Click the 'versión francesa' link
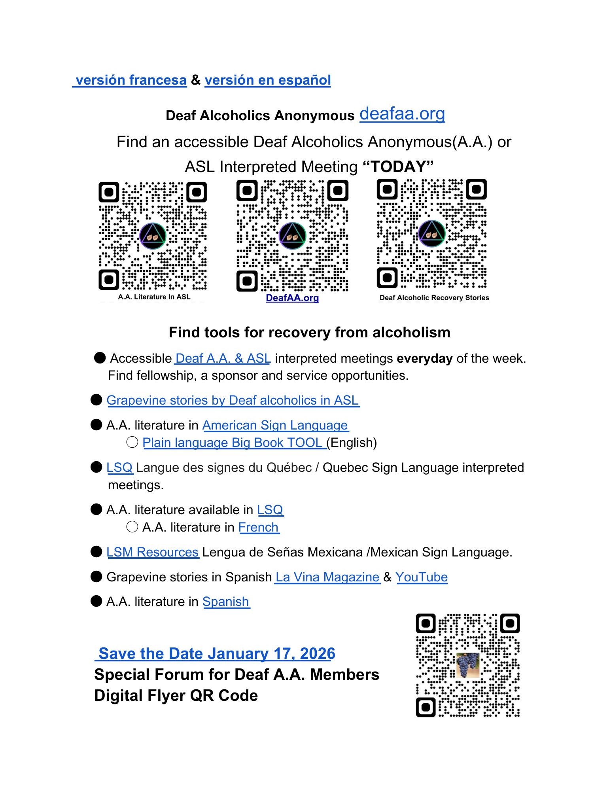point(131,80)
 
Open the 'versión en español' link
point(267,80)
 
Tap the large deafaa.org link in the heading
point(402,114)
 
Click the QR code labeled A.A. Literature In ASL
point(153,236)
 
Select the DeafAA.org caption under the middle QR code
point(292,298)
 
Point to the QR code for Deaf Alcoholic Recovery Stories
point(431,234)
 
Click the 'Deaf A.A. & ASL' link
point(223,358)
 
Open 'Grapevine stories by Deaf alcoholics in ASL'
point(233,400)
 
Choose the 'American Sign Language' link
point(275,425)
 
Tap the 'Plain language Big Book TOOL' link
point(233,443)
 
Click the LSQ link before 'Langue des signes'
point(119,467)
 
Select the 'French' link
point(259,527)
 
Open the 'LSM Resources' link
point(153,552)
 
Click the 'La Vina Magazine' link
point(327,577)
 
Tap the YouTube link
point(422,577)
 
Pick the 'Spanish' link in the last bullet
point(226,602)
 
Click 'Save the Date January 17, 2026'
point(216,653)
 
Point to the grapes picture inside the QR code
point(467,665)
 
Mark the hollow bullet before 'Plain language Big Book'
point(132,442)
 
